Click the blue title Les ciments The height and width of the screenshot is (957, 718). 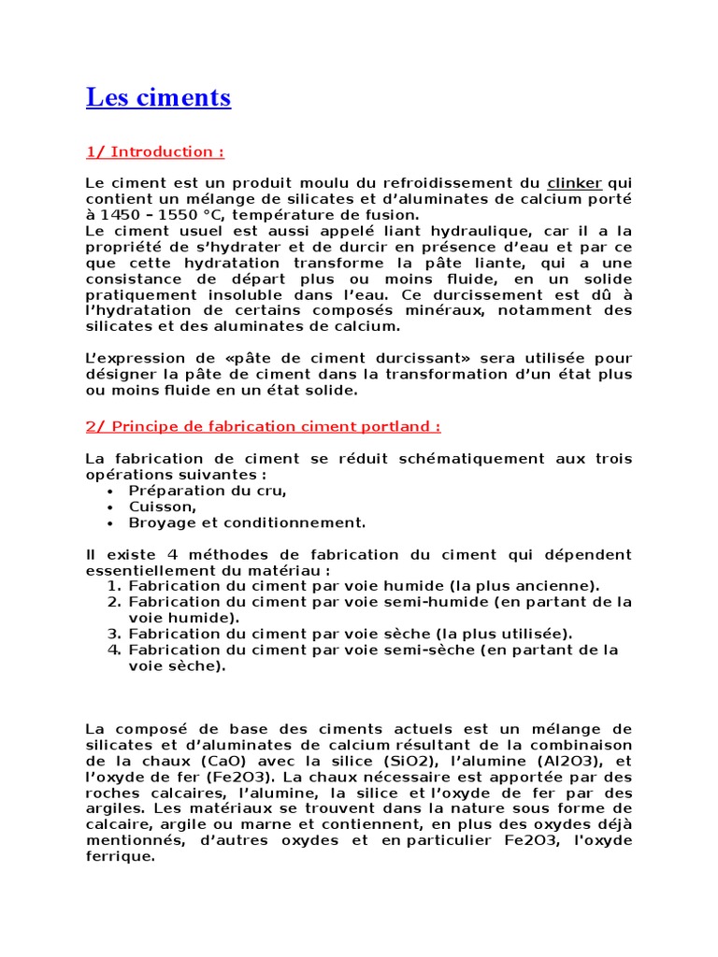(158, 97)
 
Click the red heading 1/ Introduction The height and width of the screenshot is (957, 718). (154, 151)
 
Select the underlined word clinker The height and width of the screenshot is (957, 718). (574, 183)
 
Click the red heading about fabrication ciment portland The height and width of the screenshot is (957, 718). (263, 426)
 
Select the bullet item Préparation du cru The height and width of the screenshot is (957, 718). (208, 491)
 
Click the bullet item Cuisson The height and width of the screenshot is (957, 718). (163, 507)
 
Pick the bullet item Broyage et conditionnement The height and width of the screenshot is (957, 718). (247, 522)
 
